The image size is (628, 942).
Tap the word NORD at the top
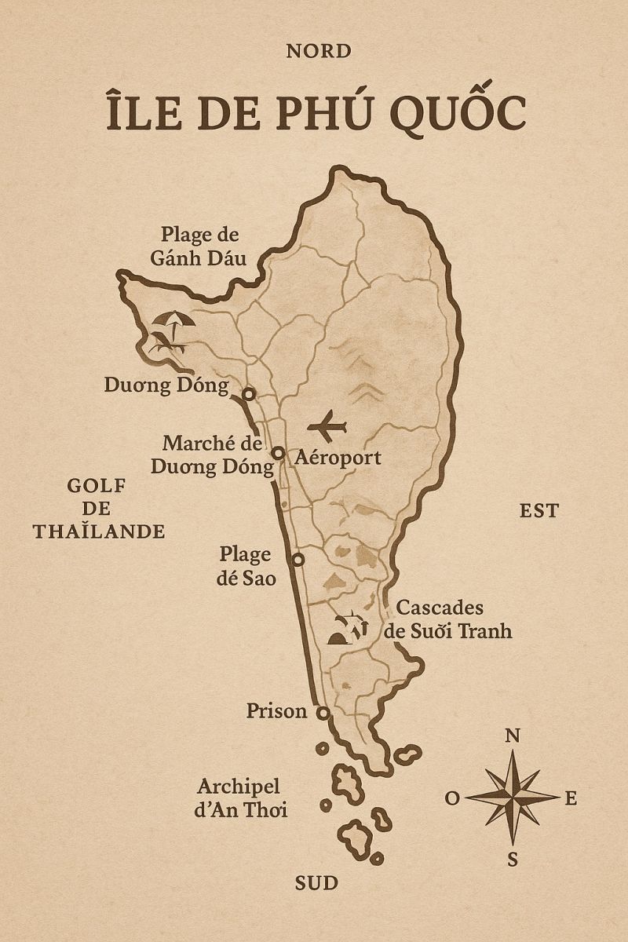(x=318, y=52)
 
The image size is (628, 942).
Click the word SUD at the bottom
(x=316, y=883)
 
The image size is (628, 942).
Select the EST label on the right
(x=539, y=511)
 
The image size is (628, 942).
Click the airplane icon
(x=327, y=426)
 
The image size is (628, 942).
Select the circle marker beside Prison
(x=323, y=713)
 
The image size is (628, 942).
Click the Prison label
(x=276, y=711)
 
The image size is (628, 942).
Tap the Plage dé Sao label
(x=245, y=565)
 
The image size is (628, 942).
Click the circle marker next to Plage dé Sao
(x=298, y=560)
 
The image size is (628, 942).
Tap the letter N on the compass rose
(x=512, y=736)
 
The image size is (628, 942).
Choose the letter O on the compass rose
(x=452, y=798)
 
